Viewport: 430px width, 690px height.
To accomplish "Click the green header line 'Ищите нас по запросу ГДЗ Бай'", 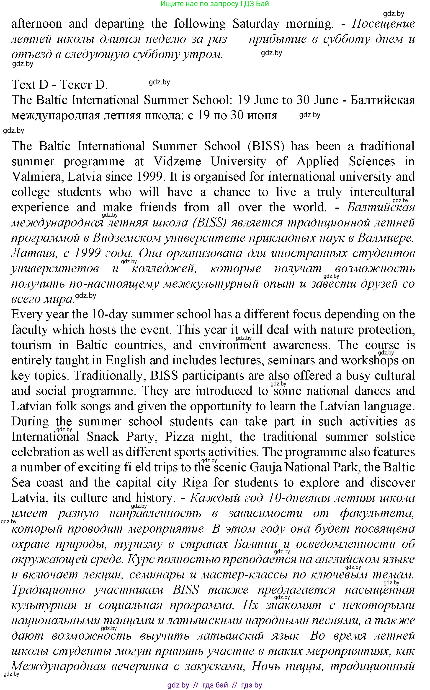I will click(x=215, y=4).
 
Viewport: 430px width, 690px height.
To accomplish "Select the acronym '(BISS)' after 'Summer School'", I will click(x=266, y=146).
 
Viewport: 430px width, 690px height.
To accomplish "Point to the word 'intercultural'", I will click(x=382, y=192).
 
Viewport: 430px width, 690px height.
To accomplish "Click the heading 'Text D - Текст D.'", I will click(x=60, y=85).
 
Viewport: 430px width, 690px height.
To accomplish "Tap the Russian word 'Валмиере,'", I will click(x=385, y=238).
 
